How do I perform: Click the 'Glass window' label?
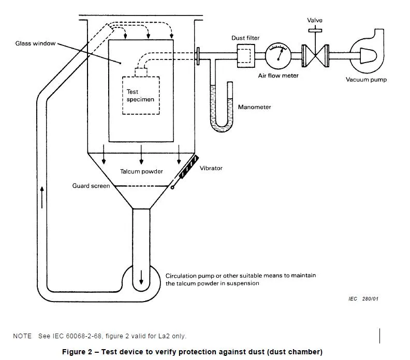pyautogui.click(x=35, y=44)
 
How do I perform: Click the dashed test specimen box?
pyautogui.click(x=140, y=96)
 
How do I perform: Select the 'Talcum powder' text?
pyautogui.click(x=141, y=172)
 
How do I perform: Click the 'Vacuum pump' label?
pyautogui.click(x=366, y=80)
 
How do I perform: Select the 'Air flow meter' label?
pyautogui.click(x=279, y=76)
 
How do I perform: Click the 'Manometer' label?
pyautogui.click(x=254, y=108)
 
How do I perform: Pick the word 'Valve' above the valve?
pyautogui.click(x=315, y=21)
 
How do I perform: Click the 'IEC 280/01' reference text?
pyautogui.click(x=363, y=299)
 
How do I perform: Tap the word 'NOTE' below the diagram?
pyautogui.click(x=22, y=336)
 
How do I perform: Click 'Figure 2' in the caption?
pyautogui.click(x=77, y=352)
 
